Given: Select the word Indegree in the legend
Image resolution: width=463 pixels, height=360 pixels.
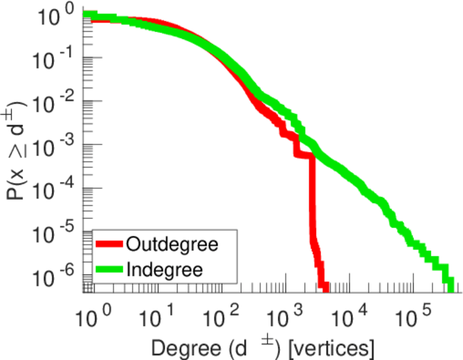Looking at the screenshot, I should pos(164,269).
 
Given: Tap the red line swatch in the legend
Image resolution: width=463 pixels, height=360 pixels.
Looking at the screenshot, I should pos(109,244).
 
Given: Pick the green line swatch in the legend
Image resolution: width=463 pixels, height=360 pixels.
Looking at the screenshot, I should pos(109,269).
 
